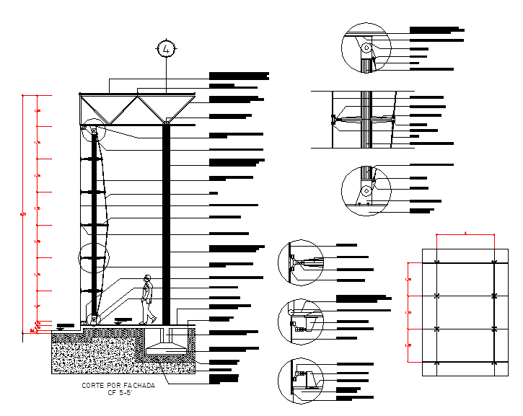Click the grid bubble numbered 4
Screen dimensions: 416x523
coord(167,49)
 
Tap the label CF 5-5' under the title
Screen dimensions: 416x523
coord(119,394)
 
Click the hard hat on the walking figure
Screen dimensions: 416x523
coord(147,277)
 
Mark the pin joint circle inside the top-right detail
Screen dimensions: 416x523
coord(367,49)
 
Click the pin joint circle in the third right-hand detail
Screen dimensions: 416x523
coord(367,190)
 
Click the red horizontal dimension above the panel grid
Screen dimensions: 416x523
coord(465,235)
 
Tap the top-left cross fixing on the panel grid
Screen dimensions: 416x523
coord(436,262)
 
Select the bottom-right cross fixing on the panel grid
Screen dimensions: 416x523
coord(494,362)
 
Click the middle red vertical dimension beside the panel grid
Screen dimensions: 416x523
coord(408,312)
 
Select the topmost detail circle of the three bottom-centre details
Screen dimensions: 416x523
coord(301,262)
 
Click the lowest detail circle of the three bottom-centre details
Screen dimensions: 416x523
coord(301,380)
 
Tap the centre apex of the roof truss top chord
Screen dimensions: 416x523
coord(138,94)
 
